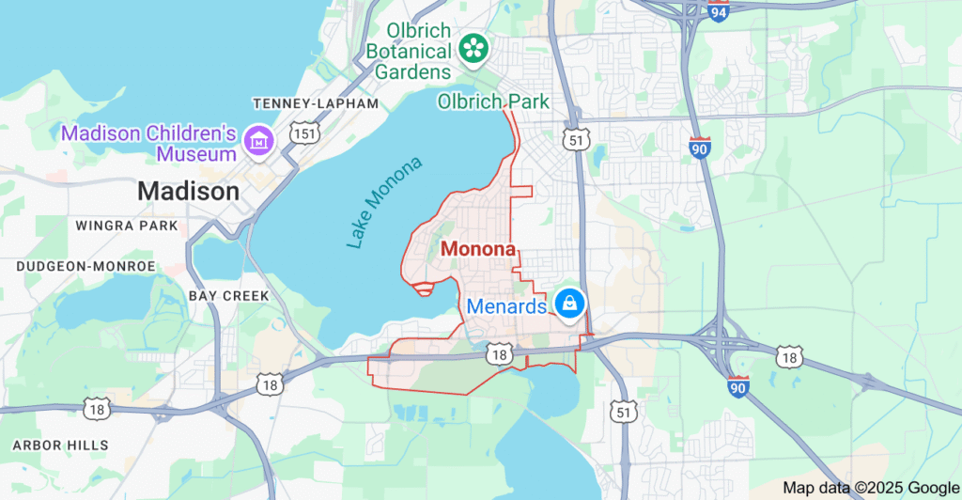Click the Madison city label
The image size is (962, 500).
188,192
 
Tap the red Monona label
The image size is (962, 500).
478,250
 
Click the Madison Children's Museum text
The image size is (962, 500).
148,143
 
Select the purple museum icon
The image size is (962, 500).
256,142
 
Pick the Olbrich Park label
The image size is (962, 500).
493,101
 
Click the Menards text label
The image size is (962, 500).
506,306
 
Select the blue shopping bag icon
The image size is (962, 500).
568,304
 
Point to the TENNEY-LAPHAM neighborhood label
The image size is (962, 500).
316,103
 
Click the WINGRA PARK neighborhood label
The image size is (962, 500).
127,226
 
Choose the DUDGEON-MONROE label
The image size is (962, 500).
85,266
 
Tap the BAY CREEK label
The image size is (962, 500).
229,295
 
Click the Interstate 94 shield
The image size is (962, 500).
719,12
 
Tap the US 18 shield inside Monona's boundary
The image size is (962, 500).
499,353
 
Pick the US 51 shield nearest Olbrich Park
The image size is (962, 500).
577,140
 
